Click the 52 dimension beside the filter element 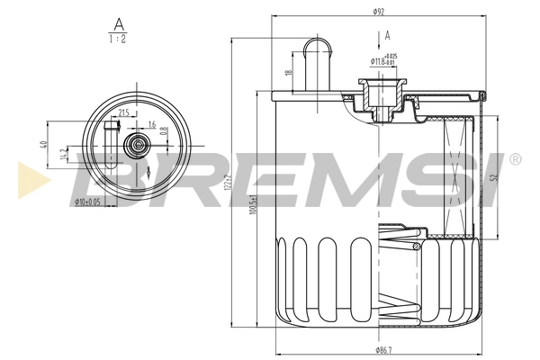click(491, 178)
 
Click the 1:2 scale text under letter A click(117, 40)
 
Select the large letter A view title click(117, 22)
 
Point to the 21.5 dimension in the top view click(123, 112)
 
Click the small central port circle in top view click(137, 144)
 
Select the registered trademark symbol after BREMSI click(514, 159)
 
